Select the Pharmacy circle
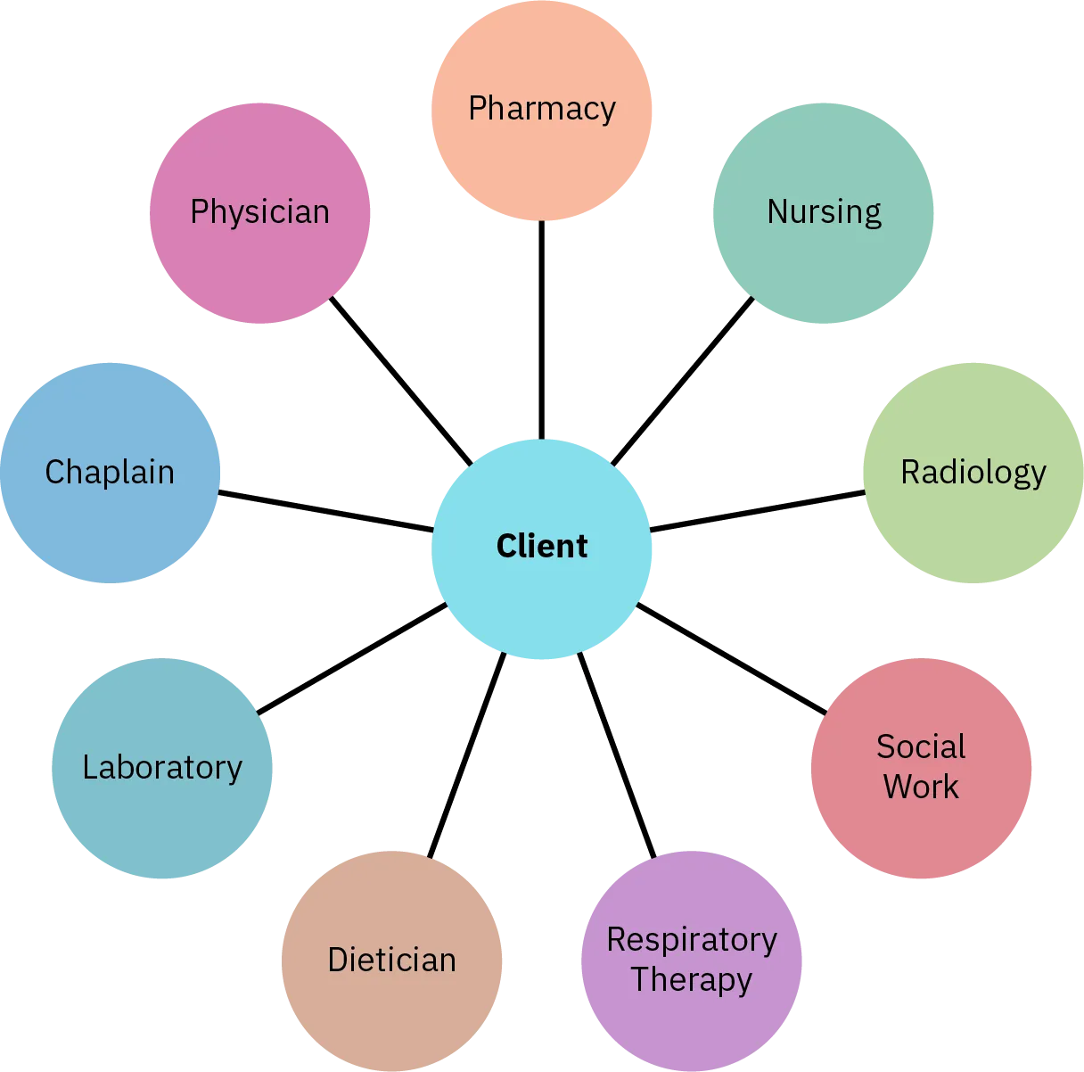pyautogui.click(x=542, y=109)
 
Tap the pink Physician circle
pyautogui.click(x=260, y=212)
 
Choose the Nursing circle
pyautogui.click(x=824, y=212)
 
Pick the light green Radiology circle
pyautogui.click(x=973, y=473)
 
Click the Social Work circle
pyautogui.click(x=922, y=769)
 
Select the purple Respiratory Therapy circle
pyautogui.click(x=692, y=960)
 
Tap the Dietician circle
pyautogui.click(x=392, y=960)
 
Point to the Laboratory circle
pyautogui.click(x=162, y=769)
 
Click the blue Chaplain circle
pyautogui.click(x=111, y=473)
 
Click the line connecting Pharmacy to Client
pyautogui.click(x=542, y=330)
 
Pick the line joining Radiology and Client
pyautogui.click(x=758, y=510)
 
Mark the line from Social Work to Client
pyautogui.click(x=731, y=658)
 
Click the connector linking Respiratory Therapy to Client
pyautogui.click(x=617, y=755)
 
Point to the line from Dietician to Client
pyautogui.click(x=467, y=755)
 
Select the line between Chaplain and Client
pyautogui.click(x=326, y=510)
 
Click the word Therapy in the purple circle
pyautogui.click(x=692, y=980)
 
